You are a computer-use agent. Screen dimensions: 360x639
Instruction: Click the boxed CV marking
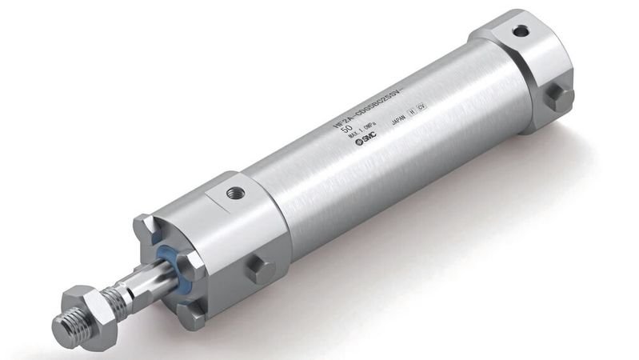click(x=421, y=106)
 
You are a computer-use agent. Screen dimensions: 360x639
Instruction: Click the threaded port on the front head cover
click(x=236, y=193)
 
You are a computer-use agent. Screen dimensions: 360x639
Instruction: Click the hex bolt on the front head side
click(x=261, y=268)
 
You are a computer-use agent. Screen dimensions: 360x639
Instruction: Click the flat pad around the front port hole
click(x=233, y=195)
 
